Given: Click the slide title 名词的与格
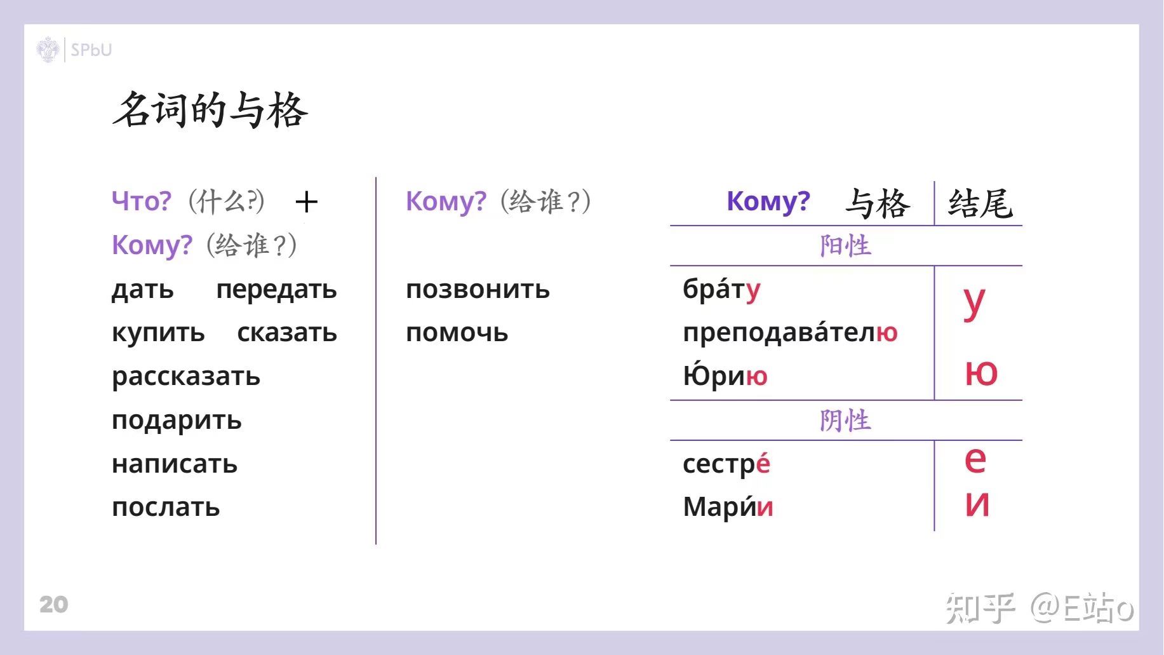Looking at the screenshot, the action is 210,110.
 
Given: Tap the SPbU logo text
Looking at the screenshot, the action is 91,50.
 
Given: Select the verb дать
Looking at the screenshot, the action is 142,290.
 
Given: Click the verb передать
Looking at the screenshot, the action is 276,290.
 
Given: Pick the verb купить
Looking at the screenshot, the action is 158,334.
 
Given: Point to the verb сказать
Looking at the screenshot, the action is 287,333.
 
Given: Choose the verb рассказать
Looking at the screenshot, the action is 186,377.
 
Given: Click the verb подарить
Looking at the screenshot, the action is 177,421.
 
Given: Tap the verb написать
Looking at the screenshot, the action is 175,464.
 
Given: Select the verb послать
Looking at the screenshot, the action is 166,508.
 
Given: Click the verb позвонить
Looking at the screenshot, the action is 478,290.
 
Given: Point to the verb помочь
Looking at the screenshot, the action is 457,333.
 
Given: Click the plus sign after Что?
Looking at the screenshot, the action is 307,202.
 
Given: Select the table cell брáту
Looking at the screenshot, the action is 721,290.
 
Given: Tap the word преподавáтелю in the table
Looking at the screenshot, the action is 790,332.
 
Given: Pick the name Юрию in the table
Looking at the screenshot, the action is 725,375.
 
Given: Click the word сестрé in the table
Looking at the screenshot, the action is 726,464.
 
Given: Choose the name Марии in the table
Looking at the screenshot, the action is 728,507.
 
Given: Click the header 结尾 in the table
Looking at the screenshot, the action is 980,203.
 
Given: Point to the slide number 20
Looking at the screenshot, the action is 53,604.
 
